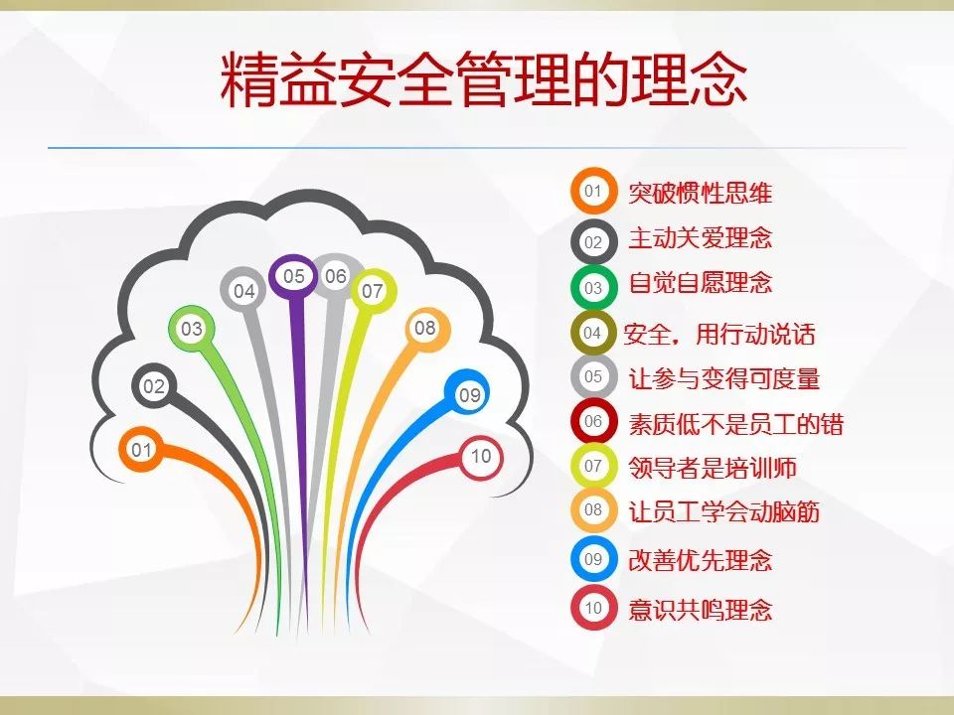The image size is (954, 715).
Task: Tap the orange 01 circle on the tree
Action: coord(142,451)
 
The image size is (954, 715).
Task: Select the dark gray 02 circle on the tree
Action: coord(154,387)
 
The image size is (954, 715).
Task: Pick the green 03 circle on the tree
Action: coord(191,329)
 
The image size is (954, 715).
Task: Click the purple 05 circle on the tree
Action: coord(294,277)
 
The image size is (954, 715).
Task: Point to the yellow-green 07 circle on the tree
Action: coord(373,291)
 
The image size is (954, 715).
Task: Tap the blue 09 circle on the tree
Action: coord(469,395)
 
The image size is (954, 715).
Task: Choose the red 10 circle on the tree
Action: coord(481,457)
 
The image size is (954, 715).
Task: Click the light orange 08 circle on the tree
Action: coord(425,328)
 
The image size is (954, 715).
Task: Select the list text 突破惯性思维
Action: coord(700,193)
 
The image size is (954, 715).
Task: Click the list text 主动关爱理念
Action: coord(700,238)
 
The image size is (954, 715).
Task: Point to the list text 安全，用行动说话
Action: coord(718,334)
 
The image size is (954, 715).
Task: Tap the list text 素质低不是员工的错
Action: coord(735,424)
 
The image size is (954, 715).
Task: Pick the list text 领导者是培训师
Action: coord(712,467)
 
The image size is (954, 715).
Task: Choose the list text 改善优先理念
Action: coord(700,560)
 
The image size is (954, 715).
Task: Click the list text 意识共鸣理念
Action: coord(700,609)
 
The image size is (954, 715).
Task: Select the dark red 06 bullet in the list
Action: coord(593,421)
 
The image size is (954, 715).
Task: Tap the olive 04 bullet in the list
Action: coord(592,334)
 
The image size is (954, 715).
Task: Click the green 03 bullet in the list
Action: coord(593,288)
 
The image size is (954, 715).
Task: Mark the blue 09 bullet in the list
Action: coord(593,559)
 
